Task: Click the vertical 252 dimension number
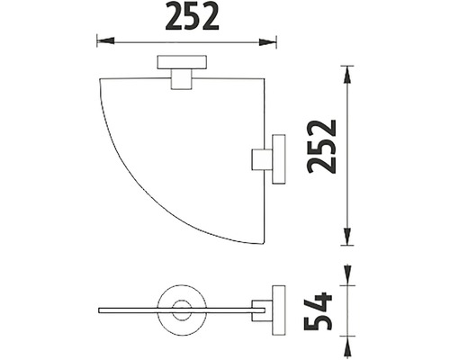[x=322, y=147]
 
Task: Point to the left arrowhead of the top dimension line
[x=105, y=41]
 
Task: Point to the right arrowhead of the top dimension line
[x=267, y=42]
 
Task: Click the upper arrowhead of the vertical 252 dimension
[x=347, y=75]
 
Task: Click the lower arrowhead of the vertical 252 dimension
[x=347, y=237]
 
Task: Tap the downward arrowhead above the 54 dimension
[x=347, y=273]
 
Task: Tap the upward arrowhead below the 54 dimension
[x=347, y=348]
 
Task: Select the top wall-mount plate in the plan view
[x=182, y=62]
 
